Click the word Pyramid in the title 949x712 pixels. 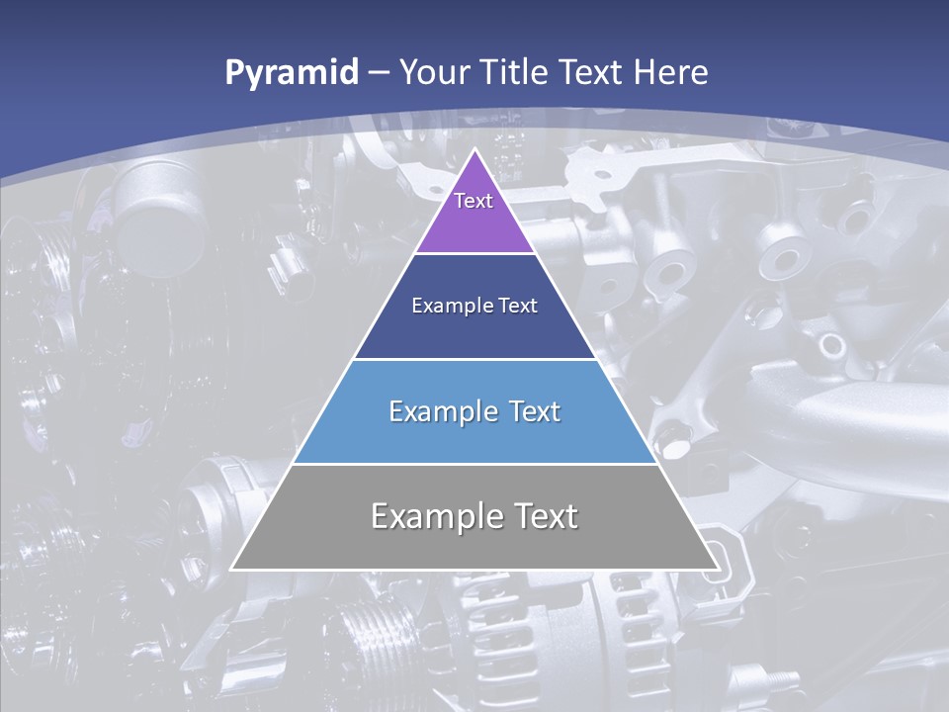(x=291, y=73)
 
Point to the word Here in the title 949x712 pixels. (x=672, y=72)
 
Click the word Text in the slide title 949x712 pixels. (x=591, y=72)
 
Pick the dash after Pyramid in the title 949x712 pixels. (x=378, y=73)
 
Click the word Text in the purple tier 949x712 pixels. (x=474, y=201)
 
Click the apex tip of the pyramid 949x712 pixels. (x=475, y=151)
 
